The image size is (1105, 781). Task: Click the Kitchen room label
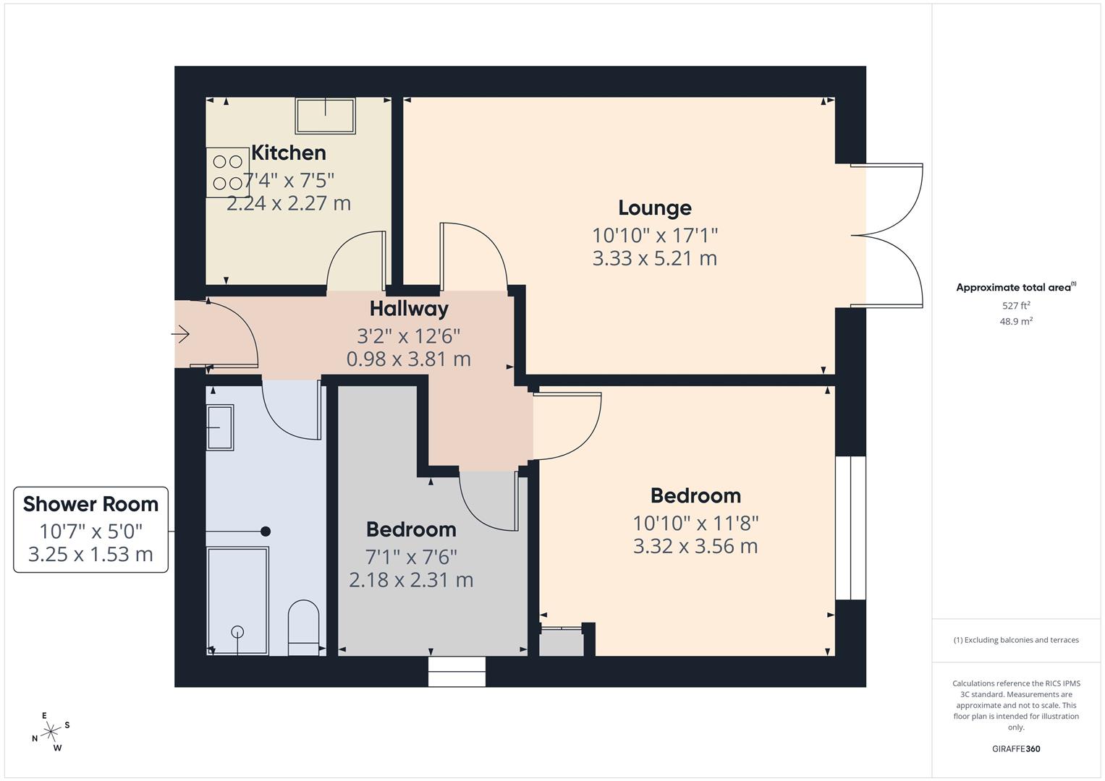[x=288, y=153]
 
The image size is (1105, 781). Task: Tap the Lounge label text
[x=654, y=208]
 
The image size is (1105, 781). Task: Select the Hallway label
[x=409, y=309]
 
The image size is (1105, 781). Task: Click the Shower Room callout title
[x=90, y=504]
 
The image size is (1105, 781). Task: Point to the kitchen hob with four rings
[x=227, y=172]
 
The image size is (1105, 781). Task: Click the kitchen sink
[x=326, y=116]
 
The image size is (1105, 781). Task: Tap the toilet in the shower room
[x=303, y=626]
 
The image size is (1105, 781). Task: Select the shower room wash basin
[x=220, y=427]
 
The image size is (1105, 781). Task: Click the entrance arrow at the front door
[x=180, y=333]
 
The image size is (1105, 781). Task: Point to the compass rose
[x=51, y=732]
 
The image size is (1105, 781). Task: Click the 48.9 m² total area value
[x=1015, y=322]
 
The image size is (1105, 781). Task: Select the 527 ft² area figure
[x=1015, y=306]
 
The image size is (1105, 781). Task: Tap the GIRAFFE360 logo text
[x=1015, y=748]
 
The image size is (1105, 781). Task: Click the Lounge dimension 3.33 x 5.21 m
[x=654, y=258]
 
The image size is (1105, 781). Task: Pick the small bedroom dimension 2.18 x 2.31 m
[x=411, y=580]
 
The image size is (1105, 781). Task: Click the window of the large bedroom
[x=850, y=528]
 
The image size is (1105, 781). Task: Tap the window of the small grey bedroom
[x=457, y=671]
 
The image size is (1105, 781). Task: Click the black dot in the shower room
[x=266, y=532]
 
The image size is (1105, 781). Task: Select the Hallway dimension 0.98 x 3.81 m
[x=409, y=359]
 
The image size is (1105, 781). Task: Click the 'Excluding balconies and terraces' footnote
[x=1015, y=640]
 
